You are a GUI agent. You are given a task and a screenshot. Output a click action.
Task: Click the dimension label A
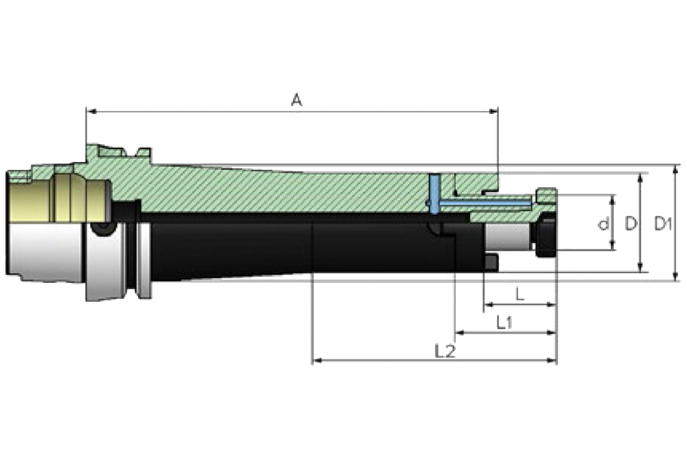[x=296, y=101]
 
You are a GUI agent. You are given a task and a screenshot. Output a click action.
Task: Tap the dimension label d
[x=602, y=224]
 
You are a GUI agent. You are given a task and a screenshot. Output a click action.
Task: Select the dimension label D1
[x=663, y=224]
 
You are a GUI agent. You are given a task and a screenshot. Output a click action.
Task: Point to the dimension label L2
[x=444, y=350]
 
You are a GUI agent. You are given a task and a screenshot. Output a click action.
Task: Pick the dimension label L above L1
[x=519, y=295]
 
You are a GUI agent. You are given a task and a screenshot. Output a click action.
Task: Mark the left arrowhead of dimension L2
[x=315, y=361]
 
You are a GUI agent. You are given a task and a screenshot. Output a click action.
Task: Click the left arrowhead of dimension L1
[x=459, y=333]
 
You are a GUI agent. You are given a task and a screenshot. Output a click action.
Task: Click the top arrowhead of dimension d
[x=613, y=198]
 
